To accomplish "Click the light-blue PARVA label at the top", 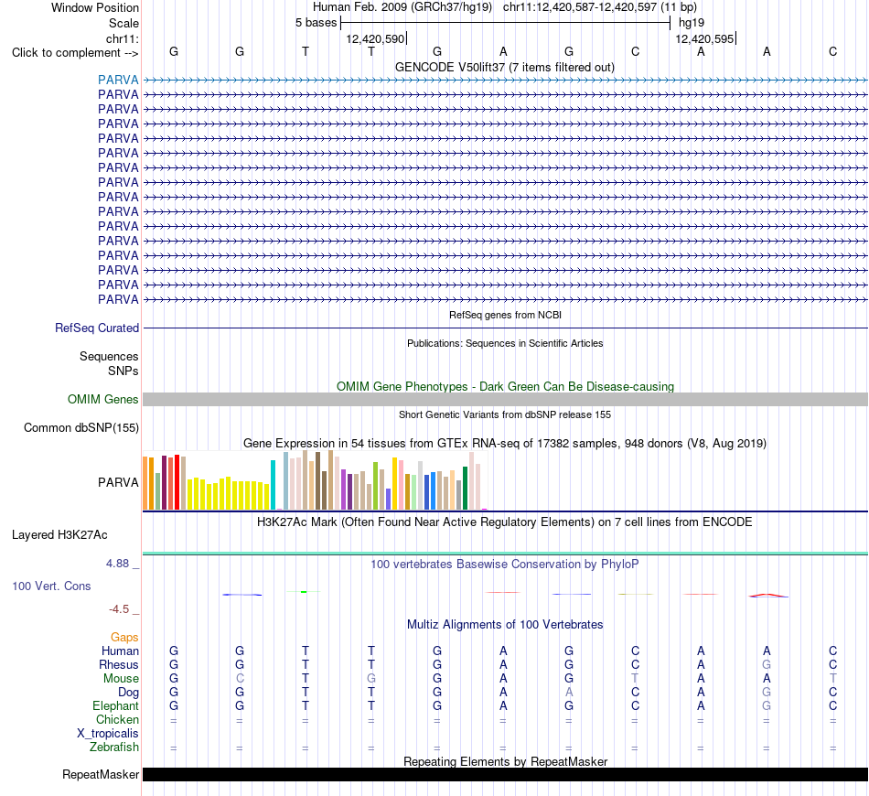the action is click(118, 80).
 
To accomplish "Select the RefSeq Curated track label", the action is click(97, 328).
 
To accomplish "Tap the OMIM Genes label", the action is click(103, 399).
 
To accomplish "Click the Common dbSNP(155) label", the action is click(81, 428).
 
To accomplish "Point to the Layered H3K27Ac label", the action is click(59, 535).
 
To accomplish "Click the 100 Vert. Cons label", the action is click(51, 586).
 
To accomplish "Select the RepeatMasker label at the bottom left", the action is click(101, 774).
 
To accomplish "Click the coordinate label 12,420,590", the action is click(375, 38).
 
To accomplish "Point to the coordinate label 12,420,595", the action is click(704, 38).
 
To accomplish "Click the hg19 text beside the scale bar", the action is click(692, 23).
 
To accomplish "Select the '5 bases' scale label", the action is click(316, 23).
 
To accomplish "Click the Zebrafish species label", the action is click(114, 748).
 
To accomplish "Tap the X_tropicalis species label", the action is click(108, 734).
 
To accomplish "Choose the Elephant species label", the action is click(116, 705).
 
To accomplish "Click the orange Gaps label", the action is click(124, 638).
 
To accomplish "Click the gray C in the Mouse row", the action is click(240, 679).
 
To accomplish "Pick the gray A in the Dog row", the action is click(569, 693).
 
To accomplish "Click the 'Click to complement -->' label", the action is click(75, 53).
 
